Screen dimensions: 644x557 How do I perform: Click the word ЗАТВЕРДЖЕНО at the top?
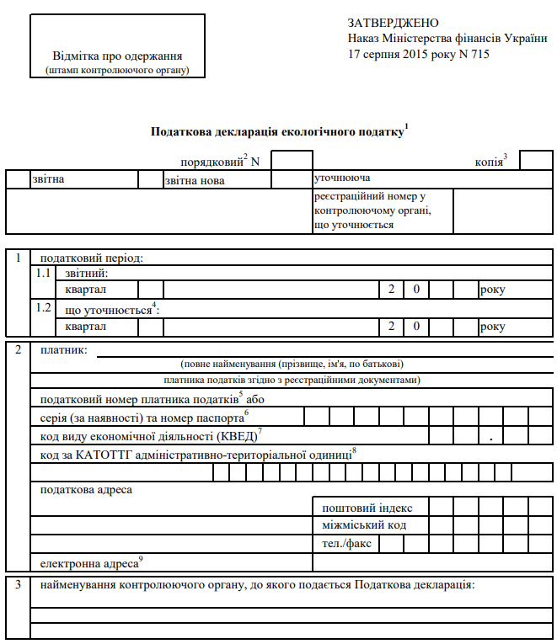coord(393,23)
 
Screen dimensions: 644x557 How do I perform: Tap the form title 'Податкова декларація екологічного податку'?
coord(276,131)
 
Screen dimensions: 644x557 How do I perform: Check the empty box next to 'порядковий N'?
coord(292,160)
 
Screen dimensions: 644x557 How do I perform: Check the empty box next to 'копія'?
coord(536,160)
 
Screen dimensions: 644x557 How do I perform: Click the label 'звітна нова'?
coord(195,180)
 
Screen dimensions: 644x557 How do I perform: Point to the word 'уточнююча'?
coord(342,178)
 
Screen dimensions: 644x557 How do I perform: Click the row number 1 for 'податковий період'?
coord(18,258)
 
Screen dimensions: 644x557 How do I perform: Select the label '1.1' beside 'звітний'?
coord(44,274)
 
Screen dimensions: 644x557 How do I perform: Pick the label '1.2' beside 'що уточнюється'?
coord(44,308)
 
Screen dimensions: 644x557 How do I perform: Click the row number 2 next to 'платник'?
coord(18,349)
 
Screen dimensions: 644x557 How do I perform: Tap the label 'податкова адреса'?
coord(86,489)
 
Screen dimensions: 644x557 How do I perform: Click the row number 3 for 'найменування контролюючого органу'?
coord(18,583)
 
